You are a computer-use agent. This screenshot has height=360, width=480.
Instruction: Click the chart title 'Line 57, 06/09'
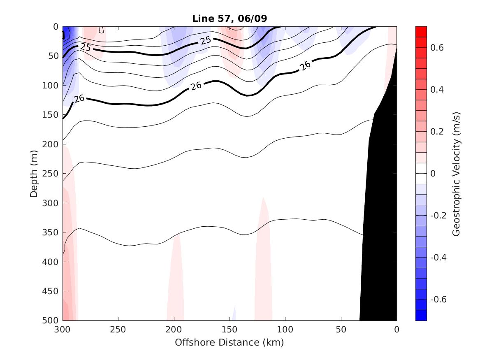pyautogui.click(x=229, y=19)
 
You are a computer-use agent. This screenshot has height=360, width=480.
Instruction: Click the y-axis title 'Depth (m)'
pyautogui.click(x=34, y=173)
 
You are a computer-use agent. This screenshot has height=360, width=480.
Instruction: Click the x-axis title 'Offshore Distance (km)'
pyautogui.click(x=229, y=342)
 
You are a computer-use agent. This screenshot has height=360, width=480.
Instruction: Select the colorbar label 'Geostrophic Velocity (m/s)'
pyautogui.click(x=456, y=173)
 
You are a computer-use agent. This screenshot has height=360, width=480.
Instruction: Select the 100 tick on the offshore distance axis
pyautogui.click(x=285, y=330)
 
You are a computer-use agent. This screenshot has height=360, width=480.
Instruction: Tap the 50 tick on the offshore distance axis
pyautogui.click(x=341, y=330)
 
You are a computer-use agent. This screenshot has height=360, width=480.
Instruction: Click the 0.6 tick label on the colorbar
pyautogui.click(x=437, y=48)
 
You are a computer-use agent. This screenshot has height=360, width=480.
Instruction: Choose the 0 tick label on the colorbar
pyautogui.click(x=433, y=174)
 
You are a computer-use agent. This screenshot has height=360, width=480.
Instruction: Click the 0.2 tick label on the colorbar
pyautogui.click(x=437, y=132)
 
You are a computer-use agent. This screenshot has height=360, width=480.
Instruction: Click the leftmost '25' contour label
pyautogui.click(x=86, y=47)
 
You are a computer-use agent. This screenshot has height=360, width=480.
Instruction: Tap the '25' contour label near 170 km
pyautogui.click(x=205, y=40)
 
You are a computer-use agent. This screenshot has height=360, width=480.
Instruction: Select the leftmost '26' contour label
pyautogui.click(x=79, y=99)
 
